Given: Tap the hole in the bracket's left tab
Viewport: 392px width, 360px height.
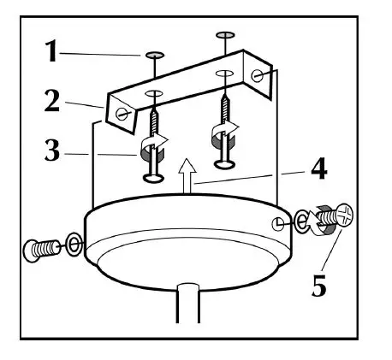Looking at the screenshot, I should [125, 112].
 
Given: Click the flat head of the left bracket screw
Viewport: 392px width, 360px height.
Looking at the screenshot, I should [152, 178].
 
